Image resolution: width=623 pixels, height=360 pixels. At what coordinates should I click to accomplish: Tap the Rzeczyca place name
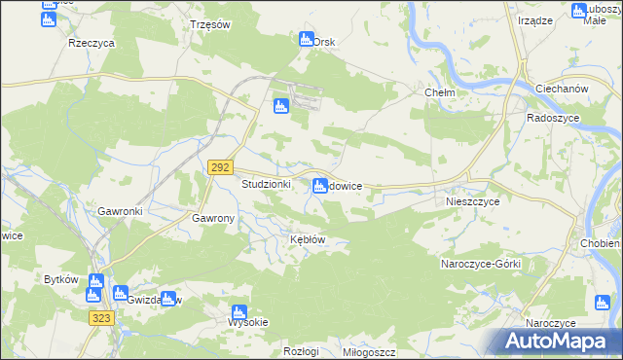tap(92, 44)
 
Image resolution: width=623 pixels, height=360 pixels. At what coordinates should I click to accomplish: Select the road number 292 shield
tap(219, 167)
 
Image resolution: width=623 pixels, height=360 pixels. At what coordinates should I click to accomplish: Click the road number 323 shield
tap(100, 318)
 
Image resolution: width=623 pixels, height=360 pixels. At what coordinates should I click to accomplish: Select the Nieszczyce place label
tap(472, 202)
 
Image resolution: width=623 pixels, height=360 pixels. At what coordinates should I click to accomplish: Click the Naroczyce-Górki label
tap(482, 264)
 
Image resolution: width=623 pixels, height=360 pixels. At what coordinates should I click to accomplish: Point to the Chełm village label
tap(441, 92)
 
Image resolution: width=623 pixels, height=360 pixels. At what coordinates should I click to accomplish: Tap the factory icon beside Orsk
tap(305, 40)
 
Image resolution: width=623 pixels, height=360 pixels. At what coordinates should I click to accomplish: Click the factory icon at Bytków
tap(94, 281)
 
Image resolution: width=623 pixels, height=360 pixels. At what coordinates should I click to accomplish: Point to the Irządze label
tap(535, 20)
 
